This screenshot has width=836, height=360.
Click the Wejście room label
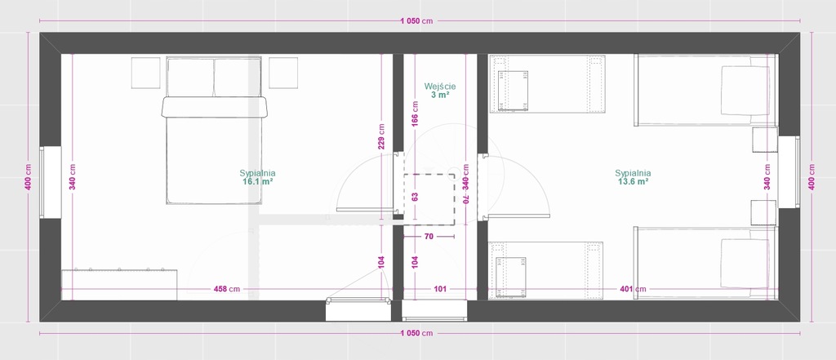coord(440,86)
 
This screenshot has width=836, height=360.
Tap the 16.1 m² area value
coord(257,181)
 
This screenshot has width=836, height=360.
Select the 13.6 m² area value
coord(633,181)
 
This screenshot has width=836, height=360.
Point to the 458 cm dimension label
coord(227,289)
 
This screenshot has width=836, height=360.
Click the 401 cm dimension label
coord(633,289)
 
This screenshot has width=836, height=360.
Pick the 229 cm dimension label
coord(382,136)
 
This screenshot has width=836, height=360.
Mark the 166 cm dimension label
coord(415,113)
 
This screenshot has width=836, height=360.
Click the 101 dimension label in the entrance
coord(440,289)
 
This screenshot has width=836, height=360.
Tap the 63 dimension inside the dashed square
coord(415,196)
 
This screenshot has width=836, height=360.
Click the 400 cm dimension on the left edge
coord(29,176)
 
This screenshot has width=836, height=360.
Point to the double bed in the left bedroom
coord(215,131)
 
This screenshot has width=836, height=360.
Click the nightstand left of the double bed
coord(145,73)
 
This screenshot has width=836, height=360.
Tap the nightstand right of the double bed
coord(283,73)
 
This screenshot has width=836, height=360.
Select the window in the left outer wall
coord(50,182)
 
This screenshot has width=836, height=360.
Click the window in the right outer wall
coord(789,171)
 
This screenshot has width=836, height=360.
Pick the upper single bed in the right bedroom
coord(706,90)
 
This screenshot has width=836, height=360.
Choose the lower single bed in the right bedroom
coord(706,262)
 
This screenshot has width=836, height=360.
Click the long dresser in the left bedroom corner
coord(119,285)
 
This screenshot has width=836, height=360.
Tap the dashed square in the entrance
coord(429,199)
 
